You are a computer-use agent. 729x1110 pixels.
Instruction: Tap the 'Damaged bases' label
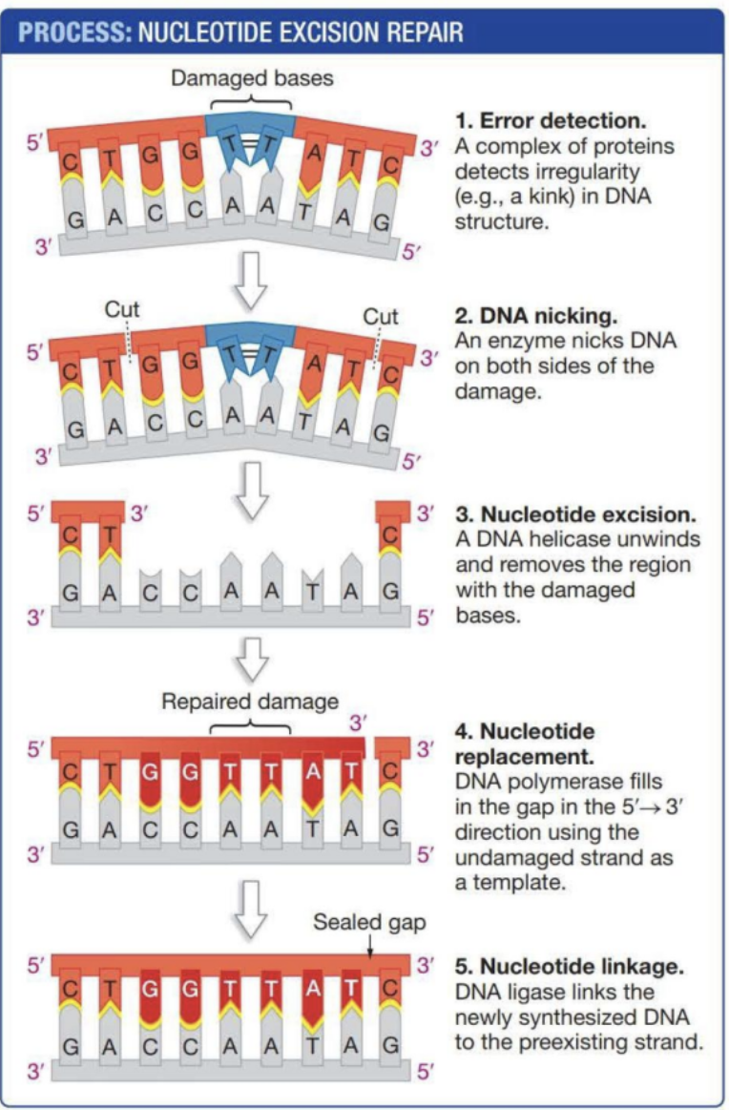pyautogui.click(x=253, y=78)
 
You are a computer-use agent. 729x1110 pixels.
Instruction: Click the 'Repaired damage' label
pyautogui.click(x=250, y=702)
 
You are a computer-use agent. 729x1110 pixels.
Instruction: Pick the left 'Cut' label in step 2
pyautogui.click(x=122, y=309)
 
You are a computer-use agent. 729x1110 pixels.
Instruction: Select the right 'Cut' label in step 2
pyautogui.click(x=382, y=316)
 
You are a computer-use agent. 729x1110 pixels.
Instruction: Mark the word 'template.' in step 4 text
pyautogui.click(x=518, y=883)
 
